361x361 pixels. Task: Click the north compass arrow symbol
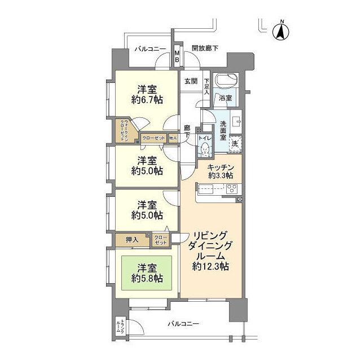280,30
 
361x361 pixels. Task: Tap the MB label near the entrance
177,56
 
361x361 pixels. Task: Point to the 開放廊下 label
204,49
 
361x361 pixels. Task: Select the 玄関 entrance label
190,81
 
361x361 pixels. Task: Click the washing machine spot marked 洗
235,143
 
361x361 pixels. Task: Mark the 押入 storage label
132,240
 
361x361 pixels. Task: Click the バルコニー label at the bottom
183,324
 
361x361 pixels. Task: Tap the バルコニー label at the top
150,49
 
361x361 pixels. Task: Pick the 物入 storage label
173,138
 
